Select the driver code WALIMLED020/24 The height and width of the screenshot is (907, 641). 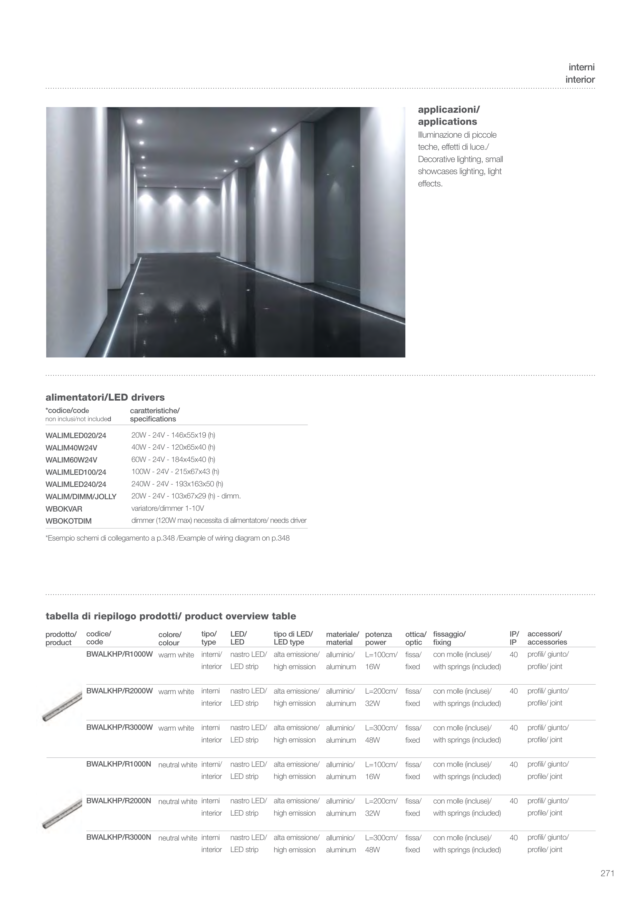click(x=76, y=436)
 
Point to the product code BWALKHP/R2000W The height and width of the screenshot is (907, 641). click(x=119, y=691)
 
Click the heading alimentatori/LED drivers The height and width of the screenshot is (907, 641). click(x=105, y=398)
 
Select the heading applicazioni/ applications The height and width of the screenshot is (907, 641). click(x=449, y=115)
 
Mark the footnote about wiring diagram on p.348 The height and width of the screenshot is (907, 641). click(x=167, y=538)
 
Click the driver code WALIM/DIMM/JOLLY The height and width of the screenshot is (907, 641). click(x=81, y=497)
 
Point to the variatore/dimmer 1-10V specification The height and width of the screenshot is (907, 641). click(x=167, y=508)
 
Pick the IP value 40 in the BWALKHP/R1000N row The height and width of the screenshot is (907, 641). click(x=513, y=764)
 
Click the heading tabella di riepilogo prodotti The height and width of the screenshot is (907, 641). click(x=171, y=616)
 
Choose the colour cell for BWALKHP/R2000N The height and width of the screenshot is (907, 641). click(x=177, y=801)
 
